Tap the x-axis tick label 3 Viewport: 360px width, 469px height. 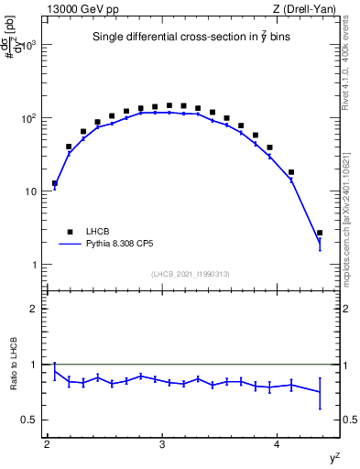[x=162, y=445]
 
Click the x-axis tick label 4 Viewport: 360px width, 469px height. [x=278, y=445]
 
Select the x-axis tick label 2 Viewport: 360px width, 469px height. [x=47, y=445]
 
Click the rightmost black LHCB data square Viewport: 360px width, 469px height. [x=320, y=233]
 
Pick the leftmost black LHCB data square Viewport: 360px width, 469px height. [x=55, y=183]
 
